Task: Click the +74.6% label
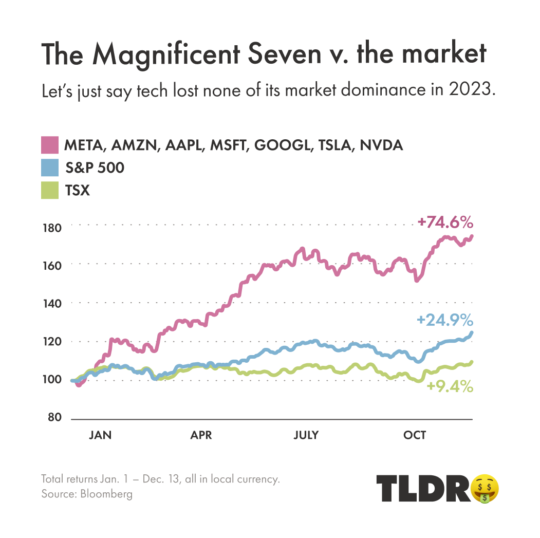coord(445,223)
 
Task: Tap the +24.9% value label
coord(445,321)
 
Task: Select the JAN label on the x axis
coord(100,435)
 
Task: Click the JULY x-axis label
coord(306,435)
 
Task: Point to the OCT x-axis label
coord(415,435)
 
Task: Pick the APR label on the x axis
coord(201,435)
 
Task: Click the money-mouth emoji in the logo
coord(485,488)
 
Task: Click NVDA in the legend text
coord(381,145)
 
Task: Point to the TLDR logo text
coord(423,488)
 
